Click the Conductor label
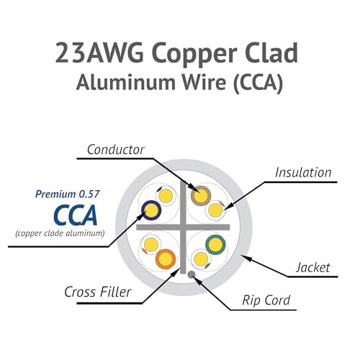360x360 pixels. pos(116,150)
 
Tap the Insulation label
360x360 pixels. pos(303,173)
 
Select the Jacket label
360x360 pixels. pos(313,267)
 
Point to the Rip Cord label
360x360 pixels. pos(266,300)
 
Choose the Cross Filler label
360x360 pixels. pos(98,292)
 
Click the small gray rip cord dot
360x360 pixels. pos(191,274)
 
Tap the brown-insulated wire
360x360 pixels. pos(201,196)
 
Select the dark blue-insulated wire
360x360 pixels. pos(151,210)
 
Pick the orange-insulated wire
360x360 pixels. pos(166,259)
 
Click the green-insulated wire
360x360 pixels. pos(215,245)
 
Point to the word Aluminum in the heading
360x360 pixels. pos(125,82)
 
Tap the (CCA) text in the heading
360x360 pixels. pos(258,83)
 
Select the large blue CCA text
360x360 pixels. pos(76,215)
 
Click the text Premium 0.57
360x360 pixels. pos(67,194)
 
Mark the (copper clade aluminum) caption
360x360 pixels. pos(60,233)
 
